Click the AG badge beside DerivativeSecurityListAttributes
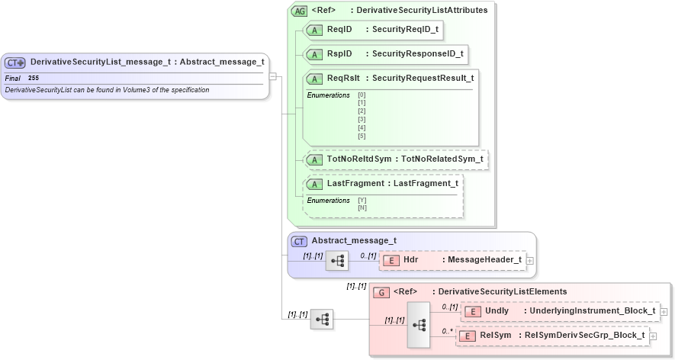[x=299, y=11]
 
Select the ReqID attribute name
[x=339, y=29]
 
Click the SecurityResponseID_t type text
[x=417, y=54]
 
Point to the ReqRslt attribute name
[x=343, y=78]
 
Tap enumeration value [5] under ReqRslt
[x=362, y=136]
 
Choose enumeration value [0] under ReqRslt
[x=362, y=95]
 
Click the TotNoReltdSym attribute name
[x=358, y=159]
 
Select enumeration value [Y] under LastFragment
[x=362, y=200]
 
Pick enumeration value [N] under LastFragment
[x=362, y=207]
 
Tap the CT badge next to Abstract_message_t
[x=299, y=241]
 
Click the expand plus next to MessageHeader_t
[x=530, y=260]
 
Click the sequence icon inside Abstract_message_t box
[x=336, y=260]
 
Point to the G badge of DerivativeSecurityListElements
[x=381, y=292]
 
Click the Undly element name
[x=497, y=310]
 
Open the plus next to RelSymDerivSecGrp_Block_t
[x=654, y=336]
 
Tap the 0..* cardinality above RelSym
[x=448, y=330]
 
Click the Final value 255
[x=34, y=78]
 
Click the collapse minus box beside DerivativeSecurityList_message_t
[x=273, y=76]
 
